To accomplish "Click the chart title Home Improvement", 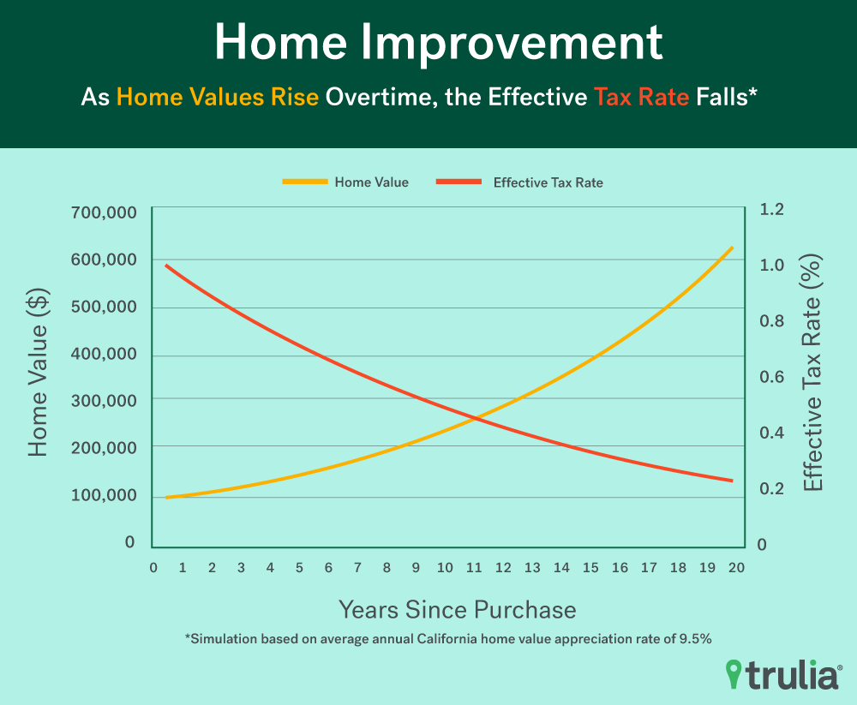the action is click(438, 43).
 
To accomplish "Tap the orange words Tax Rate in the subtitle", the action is click(642, 98).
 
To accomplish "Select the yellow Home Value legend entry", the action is click(345, 182).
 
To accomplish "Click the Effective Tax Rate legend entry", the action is click(520, 182).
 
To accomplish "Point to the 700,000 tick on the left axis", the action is click(104, 212).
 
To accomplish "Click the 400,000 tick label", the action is click(104, 354).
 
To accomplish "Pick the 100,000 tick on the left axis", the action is click(104, 494).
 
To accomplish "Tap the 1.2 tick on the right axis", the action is click(772, 209).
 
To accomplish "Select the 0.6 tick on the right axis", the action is click(772, 377).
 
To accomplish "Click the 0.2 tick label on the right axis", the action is click(772, 488).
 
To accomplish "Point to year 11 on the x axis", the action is click(474, 567).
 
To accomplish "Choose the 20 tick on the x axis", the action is click(736, 567).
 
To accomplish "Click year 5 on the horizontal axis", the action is click(299, 567).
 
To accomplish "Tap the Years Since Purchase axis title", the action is click(458, 610).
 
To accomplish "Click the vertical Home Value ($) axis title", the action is click(39, 373).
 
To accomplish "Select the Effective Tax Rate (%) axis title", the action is click(812, 373).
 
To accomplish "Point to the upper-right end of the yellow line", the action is click(732, 248).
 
